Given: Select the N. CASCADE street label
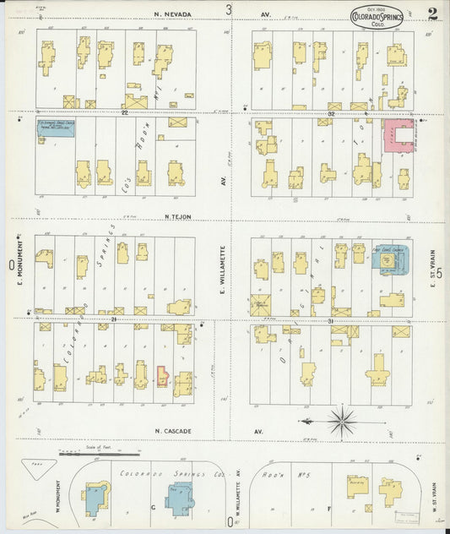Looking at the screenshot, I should point(174,431).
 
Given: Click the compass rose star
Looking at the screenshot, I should point(341,420).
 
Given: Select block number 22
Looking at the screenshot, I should point(124,112).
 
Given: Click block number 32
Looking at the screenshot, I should point(332,112).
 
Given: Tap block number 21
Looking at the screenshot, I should point(112,320).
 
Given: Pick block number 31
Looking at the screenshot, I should point(332,320).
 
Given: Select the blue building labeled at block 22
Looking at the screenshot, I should point(62,128).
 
